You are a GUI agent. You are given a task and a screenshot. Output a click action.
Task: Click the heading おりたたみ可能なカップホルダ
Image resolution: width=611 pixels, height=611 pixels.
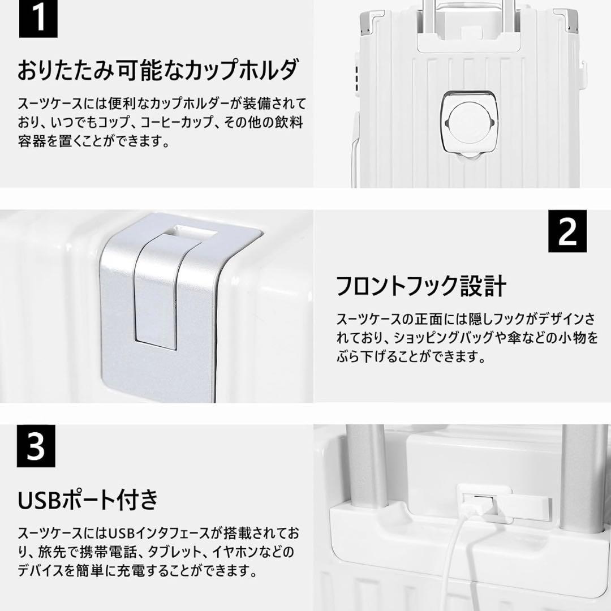point(158,72)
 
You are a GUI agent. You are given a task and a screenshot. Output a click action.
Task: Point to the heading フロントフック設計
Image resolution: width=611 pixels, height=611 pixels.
point(420,286)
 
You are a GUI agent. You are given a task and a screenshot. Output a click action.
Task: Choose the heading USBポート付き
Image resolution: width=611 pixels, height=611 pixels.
point(88,499)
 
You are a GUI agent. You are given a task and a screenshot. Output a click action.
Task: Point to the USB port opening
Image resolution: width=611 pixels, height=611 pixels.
point(474,502)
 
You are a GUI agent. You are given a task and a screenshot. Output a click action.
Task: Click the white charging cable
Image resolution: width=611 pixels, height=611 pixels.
point(464,554)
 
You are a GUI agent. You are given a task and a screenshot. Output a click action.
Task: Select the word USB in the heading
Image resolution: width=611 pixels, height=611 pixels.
point(41,499)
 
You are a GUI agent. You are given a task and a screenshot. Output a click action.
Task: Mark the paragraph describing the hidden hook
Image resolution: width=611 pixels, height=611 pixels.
point(467,338)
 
